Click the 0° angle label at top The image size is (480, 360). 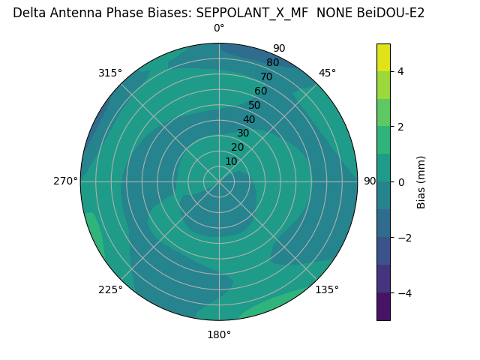[219, 28]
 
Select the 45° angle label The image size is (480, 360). [327, 73]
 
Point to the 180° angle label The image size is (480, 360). [219, 334]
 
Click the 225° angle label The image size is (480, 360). [110, 289]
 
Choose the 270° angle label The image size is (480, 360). [65, 181]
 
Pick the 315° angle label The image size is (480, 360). [110, 73]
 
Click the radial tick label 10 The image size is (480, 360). [231, 161]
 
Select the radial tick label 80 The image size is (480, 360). [273, 62]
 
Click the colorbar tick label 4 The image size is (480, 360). [401, 71]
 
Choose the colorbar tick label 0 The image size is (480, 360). [401, 182]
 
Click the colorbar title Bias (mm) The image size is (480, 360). [421, 181]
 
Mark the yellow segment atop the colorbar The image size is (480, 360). [383, 57]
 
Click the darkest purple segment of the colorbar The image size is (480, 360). [383, 306]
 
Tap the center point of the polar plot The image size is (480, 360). [219, 181]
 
